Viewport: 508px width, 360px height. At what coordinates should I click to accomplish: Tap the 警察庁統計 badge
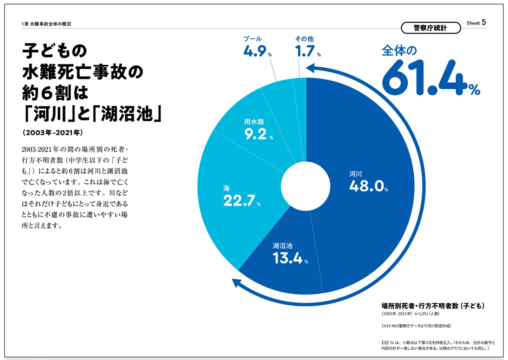pos(431,28)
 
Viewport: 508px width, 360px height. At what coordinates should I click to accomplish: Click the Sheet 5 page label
pos(476,23)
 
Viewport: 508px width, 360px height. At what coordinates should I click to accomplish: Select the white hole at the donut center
pos(305,186)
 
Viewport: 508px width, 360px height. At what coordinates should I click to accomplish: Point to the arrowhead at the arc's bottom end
pos(236,282)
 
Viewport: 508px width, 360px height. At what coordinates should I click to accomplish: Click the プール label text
pos(252,39)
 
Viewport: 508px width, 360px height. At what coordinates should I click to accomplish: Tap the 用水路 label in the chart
pos(254,122)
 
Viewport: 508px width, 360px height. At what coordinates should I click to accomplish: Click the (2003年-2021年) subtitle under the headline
pos(53,132)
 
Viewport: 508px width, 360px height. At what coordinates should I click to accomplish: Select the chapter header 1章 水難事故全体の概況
pos(46,24)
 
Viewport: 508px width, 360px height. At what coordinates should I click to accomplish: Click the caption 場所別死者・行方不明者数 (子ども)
pos(433,306)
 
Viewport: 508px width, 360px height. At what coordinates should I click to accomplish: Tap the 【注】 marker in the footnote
pos(385,343)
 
